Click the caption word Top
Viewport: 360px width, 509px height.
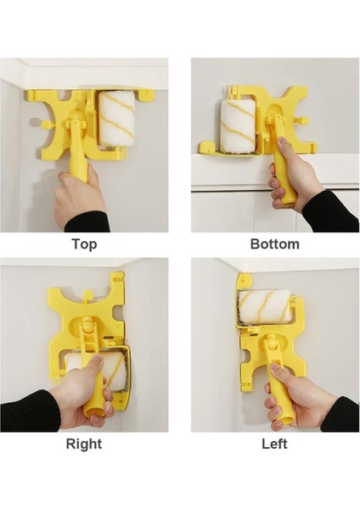click(84, 244)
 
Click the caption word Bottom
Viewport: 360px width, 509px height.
click(275, 244)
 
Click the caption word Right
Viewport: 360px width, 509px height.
click(84, 444)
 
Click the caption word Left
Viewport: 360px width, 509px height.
click(274, 444)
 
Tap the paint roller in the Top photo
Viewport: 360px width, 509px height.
click(117, 119)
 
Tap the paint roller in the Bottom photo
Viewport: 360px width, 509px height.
click(238, 126)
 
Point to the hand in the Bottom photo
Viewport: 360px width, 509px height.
click(290, 180)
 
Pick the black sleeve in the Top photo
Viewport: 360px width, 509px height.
click(87, 222)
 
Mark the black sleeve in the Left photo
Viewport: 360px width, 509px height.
click(341, 415)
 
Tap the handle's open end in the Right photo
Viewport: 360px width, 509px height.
click(94, 411)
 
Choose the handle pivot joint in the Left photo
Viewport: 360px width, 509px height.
click(270, 344)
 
